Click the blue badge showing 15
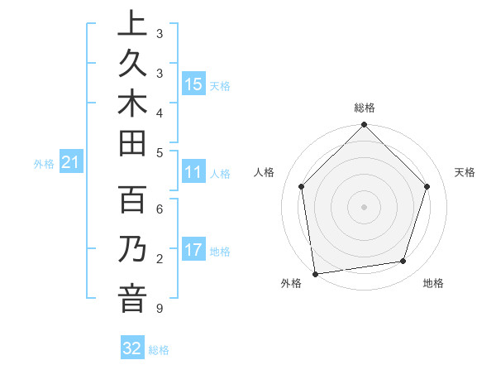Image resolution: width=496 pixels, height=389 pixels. pos(193,84)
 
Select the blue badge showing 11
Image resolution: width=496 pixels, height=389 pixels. pos(193,173)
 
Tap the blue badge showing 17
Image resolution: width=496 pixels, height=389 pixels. pos(193,250)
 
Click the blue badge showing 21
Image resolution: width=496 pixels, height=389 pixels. pos(70,163)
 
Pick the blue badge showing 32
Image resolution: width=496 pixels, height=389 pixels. pos(132,348)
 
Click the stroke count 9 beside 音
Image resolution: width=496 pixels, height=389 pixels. pos(159,310)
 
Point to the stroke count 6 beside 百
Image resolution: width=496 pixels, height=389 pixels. pos(159,209)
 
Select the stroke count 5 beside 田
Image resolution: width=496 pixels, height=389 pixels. pos(159,152)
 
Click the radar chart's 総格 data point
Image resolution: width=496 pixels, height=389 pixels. pos(364,127)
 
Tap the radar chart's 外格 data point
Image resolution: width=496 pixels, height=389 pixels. pos(315,273)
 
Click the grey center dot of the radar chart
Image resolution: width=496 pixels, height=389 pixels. pos(364,206)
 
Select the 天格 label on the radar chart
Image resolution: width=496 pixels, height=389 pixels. pos(465,172)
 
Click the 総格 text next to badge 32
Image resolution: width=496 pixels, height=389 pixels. pos(159,350)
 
